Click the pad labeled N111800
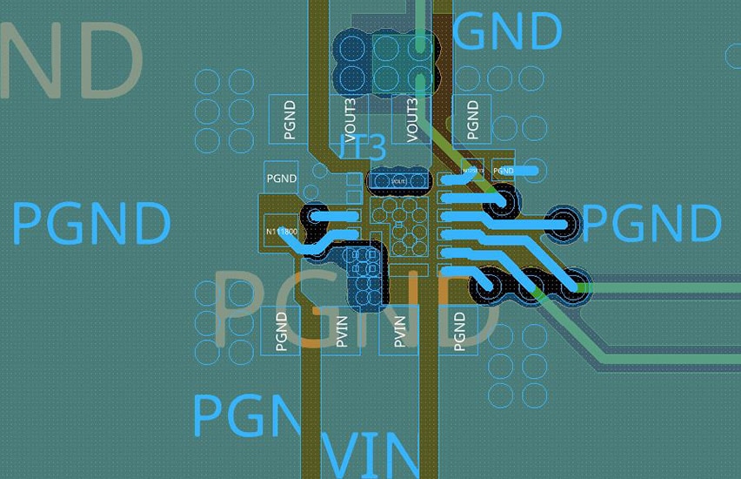281,233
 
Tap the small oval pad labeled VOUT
399,180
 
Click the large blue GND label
507,31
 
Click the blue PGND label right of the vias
651,223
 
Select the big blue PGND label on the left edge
90,223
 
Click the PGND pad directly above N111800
282,179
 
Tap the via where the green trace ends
421,80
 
